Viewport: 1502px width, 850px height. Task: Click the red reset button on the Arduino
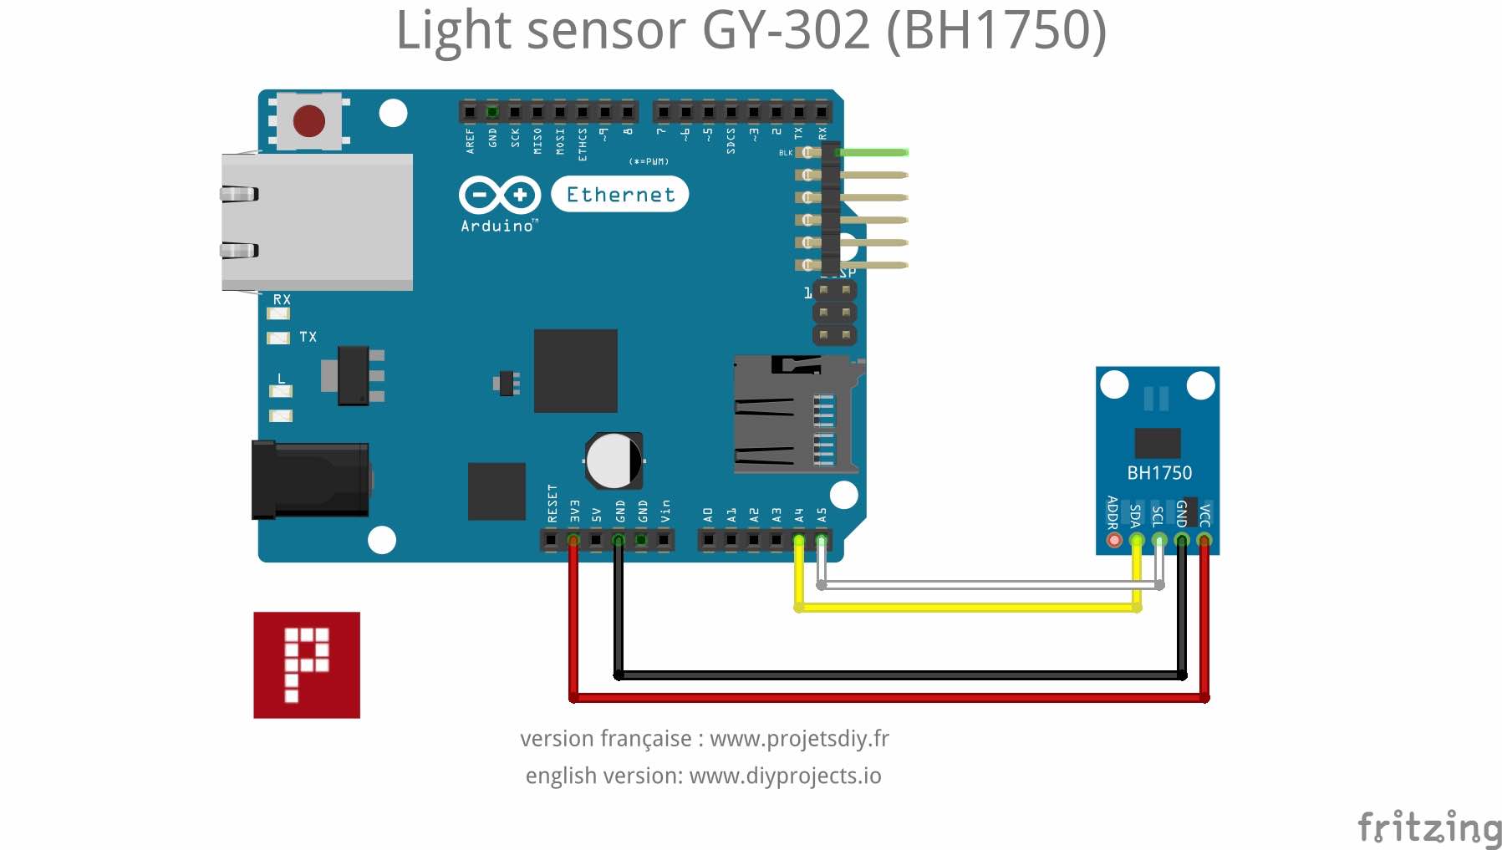pos(309,121)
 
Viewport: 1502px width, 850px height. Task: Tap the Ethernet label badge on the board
pos(620,195)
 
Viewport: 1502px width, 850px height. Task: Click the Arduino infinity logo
pos(499,196)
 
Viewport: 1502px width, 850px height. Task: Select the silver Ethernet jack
pos(318,222)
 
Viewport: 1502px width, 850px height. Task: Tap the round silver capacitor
pos(614,461)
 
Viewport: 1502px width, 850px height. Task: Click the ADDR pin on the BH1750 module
pos(1114,540)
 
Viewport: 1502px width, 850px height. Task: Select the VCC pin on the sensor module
pos(1204,540)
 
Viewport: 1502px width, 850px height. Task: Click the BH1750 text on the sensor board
pos(1159,473)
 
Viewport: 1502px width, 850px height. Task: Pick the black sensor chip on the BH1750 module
pos(1158,442)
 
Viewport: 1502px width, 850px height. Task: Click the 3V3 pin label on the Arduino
pos(574,512)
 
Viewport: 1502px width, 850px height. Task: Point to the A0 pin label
pos(708,514)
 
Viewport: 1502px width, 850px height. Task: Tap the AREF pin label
pos(470,140)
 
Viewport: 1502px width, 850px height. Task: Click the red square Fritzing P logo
pos(307,664)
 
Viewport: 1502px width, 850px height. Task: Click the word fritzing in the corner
pos(1428,827)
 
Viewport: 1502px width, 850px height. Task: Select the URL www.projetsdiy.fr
pos(799,739)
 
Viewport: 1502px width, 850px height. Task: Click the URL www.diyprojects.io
pos(785,776)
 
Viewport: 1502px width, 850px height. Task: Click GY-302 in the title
pos(787,30)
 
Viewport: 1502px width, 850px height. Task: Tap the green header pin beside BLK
pos(873,152)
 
